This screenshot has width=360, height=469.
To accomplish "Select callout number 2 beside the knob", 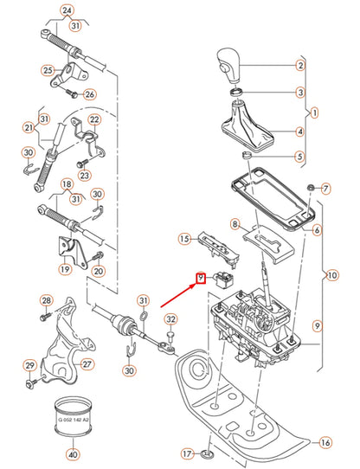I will point(300,66).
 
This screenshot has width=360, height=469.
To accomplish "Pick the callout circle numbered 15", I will point(183,239).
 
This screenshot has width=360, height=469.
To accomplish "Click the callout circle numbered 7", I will point(325,188).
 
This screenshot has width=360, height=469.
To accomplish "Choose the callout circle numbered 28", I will point(46,300).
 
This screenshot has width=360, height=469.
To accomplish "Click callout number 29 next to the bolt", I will point(29,364).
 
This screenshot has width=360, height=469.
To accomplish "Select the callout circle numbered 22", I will point(94,119).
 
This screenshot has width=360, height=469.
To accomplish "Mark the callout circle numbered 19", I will point(65,269).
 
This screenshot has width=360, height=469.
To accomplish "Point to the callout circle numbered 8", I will point(234,224).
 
